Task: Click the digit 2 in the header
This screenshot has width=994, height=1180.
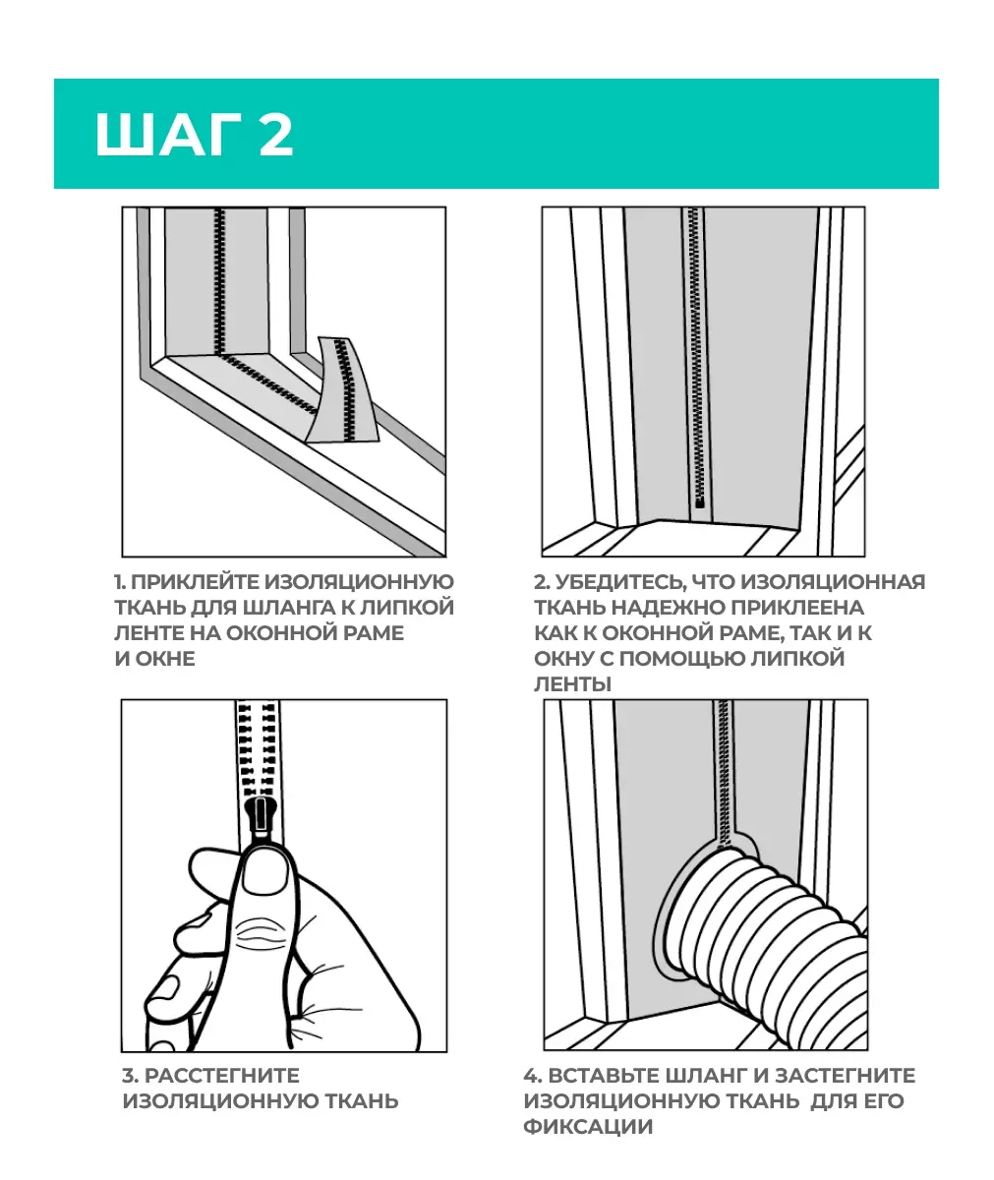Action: pyautogui.click(x=276, y=135)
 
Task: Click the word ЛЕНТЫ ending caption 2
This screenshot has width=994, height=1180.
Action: pyautogui.click(x=572, y=683)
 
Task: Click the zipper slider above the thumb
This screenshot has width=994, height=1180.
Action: pyautogui.click(x=261, y=819)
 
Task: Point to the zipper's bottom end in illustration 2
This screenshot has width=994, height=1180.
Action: pyautogui.click(x=700, y=502)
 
